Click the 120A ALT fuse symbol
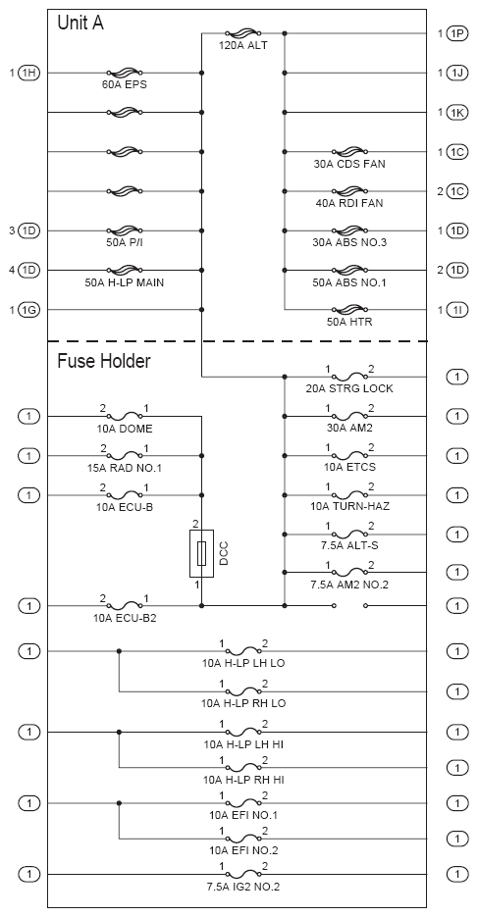[242, 32]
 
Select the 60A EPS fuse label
[124, 84]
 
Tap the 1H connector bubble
[28, 74]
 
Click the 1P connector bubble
[457, 33]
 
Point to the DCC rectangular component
[202, 553]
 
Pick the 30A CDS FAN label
[349, 165]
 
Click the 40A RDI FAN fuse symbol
[349, 191]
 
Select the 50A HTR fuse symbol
[349, 309]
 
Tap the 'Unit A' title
[80, 24]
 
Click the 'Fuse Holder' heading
[104, 361]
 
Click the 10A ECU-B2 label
[126, 618]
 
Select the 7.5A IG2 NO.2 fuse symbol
[242, 873]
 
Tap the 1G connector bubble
[28, 309]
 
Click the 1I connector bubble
[457, 309]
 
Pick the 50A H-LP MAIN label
[124, 283]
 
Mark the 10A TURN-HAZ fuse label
[349, 506]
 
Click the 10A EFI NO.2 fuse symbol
[242, 838]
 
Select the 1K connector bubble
[457, 112]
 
